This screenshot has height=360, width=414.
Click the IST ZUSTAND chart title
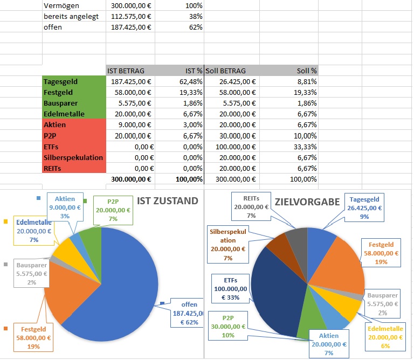coord(168,200)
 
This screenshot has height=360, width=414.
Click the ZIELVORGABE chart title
coord(307,202)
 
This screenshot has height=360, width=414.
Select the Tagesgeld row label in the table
coord(60,81)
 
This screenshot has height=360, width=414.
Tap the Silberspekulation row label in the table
coord(73,157)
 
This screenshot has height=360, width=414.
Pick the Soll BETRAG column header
coord(225,71)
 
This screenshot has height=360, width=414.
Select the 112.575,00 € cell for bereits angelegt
coord(131,16)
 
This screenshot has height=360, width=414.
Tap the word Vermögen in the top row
coord(63,5)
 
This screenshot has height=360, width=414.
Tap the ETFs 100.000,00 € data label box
coord(229,288)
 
